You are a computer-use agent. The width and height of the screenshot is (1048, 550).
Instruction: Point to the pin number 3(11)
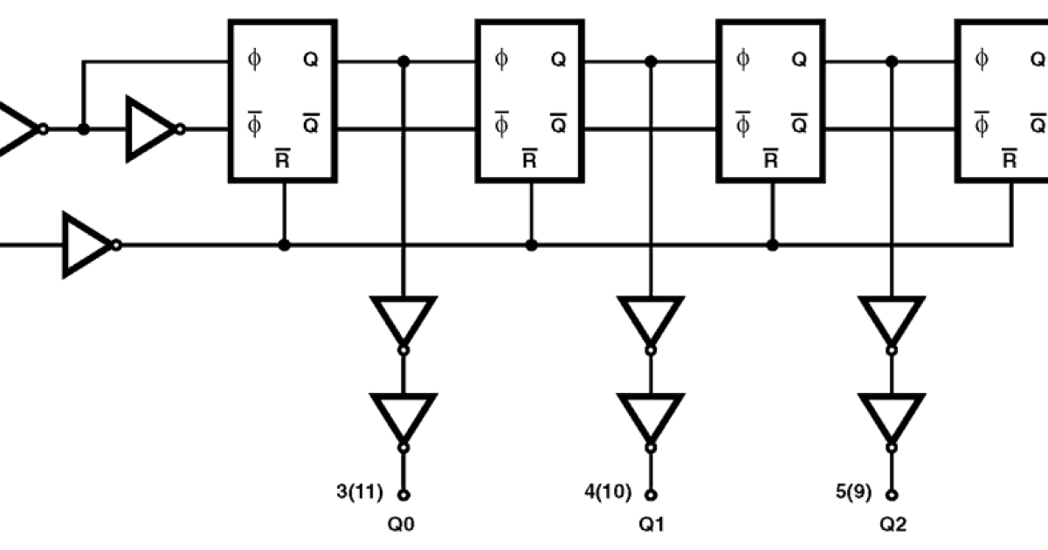360,492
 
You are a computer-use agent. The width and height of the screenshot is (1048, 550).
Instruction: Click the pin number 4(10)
606,492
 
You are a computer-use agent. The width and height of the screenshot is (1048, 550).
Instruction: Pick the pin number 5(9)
853,492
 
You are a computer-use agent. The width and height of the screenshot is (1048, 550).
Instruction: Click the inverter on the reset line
87,245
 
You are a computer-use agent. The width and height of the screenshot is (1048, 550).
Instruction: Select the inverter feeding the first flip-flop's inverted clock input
152,129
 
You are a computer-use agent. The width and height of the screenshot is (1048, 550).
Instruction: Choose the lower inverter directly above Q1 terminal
650,418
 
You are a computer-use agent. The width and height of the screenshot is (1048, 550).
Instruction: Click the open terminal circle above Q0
403,495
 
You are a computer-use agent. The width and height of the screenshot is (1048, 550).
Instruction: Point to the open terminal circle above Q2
892,495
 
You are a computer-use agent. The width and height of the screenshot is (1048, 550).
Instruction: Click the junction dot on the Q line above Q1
650,61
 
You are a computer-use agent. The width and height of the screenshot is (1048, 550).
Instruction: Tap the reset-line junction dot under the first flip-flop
284,245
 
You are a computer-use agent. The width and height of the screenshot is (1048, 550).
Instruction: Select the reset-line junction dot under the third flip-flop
772,245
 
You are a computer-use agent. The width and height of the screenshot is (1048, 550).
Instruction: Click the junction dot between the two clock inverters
84,129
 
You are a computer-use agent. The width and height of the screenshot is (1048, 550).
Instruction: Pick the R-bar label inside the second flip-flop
529,159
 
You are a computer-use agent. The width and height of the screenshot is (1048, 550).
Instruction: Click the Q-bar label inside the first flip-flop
311,123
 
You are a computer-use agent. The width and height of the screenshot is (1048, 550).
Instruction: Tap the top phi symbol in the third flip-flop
743,59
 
